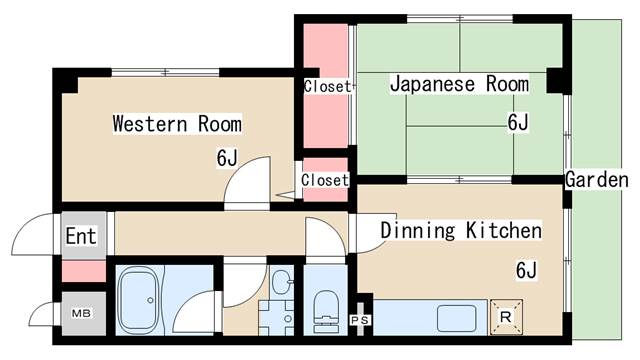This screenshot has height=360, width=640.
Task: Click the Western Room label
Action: [x=176, y=124]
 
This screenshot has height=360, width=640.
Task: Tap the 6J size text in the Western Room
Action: [x=226, y=157]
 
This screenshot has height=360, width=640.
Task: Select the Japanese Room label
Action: [x=459, y=84]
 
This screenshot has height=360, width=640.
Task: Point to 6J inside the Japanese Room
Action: [x=517, y=123]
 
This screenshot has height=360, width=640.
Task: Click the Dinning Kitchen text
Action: [x=460, y=232]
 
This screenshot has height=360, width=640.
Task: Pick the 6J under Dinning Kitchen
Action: [x=526, y=270]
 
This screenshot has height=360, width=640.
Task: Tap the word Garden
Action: [x=596, y=180]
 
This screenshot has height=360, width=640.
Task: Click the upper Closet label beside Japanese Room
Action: [x=327, y=87]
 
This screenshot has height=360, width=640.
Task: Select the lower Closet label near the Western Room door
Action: [x=324, y=181]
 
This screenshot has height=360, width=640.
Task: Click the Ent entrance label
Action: [x=81, y=237]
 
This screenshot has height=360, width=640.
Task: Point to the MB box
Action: [x=81, y=314]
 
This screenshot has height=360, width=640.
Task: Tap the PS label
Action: [x=360, y=319]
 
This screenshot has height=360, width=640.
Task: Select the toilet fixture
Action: [x=325, y=305]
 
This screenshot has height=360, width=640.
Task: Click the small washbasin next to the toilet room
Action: [x=281, y=281]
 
